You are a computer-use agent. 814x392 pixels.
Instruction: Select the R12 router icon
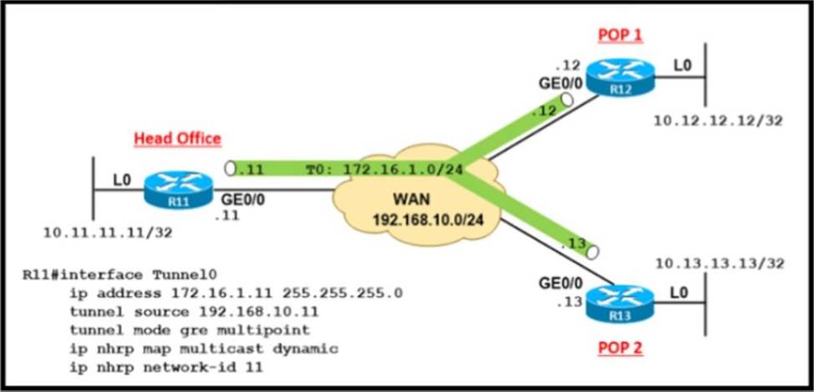tap(619, 79)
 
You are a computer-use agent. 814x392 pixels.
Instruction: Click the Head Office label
tap(177, 139)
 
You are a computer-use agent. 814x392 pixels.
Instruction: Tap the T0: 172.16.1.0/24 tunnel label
tap(385, 170)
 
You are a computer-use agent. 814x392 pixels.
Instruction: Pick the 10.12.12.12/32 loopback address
tap(718, 121)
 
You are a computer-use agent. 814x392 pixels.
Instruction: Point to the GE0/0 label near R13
tap(558, 283)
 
